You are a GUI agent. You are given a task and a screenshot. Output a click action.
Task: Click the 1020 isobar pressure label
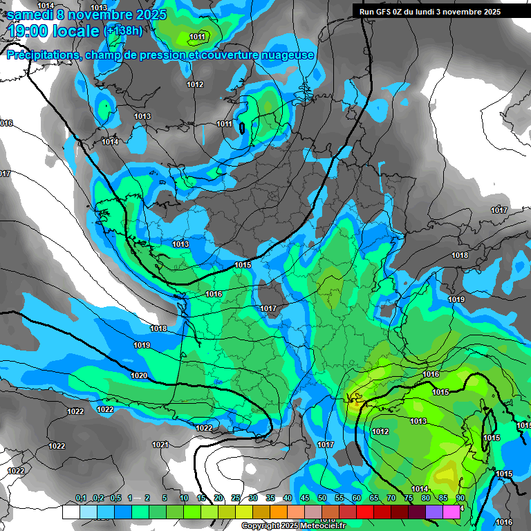[x=138, y=375]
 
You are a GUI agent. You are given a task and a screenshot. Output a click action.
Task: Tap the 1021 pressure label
[x=160, y=445]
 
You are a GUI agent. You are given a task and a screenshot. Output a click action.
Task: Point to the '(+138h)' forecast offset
[x=124, y=31]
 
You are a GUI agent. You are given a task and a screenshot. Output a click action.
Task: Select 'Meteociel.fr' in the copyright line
[x=322, y=526]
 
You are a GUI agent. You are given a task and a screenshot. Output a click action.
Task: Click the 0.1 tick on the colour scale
[x=81, y=499]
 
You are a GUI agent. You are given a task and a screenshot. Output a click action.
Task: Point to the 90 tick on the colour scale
[x=460, y=499]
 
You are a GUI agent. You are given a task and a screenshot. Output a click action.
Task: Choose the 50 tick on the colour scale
[x=322, y=499]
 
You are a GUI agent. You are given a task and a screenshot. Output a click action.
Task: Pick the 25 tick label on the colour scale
[x=236, y=499]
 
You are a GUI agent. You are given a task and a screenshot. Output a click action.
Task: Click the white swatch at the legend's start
[x=71, y=512]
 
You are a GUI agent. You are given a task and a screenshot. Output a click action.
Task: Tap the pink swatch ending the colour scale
[x=451, y=512]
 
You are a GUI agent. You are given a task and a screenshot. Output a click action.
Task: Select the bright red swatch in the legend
[x=365, y=512]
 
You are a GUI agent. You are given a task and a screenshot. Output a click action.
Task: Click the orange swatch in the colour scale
[x=279, y=512]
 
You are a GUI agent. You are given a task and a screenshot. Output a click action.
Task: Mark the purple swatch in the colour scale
[x=434, y=512]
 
